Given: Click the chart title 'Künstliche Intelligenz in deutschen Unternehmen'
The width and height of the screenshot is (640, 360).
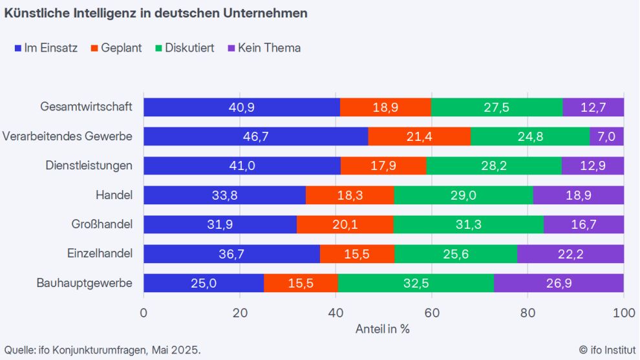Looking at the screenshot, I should (155, 13).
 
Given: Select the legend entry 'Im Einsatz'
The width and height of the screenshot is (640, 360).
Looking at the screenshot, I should (45, 48).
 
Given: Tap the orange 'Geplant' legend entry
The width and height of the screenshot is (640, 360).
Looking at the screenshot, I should (116, 48).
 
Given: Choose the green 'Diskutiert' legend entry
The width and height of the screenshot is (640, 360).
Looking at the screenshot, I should (184, 48).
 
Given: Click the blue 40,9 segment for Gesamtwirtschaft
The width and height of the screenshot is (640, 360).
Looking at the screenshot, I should (241, 107).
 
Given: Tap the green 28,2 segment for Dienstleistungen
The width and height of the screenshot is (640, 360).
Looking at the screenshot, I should (493, 165).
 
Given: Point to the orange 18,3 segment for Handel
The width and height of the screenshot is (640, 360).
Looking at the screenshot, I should (349, 195).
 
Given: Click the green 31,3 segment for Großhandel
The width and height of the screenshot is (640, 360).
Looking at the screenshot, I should (468, 224).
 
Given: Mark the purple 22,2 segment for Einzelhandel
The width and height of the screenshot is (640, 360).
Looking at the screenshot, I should (570, 254).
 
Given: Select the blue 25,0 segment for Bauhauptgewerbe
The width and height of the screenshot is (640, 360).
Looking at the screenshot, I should (204, 283).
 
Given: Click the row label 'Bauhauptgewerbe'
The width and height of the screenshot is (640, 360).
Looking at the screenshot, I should (94, 283).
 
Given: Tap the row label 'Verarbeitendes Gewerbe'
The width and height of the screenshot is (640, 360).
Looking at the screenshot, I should (67, 136).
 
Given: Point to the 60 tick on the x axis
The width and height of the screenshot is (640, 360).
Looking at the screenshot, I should (431, 312).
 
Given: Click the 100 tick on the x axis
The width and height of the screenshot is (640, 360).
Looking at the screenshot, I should (623, 312).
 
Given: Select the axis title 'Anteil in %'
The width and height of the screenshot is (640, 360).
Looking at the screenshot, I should (383, 328).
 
